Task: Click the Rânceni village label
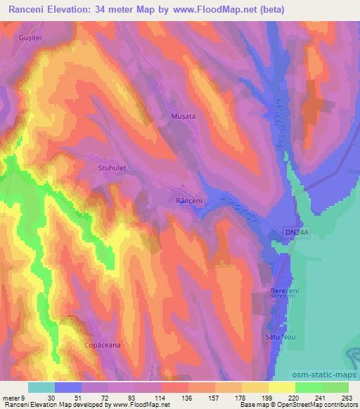click(x=189, y=201)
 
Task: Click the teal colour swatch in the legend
click(x=41, y=387)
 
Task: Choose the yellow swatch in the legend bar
click(x=281, y=387)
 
